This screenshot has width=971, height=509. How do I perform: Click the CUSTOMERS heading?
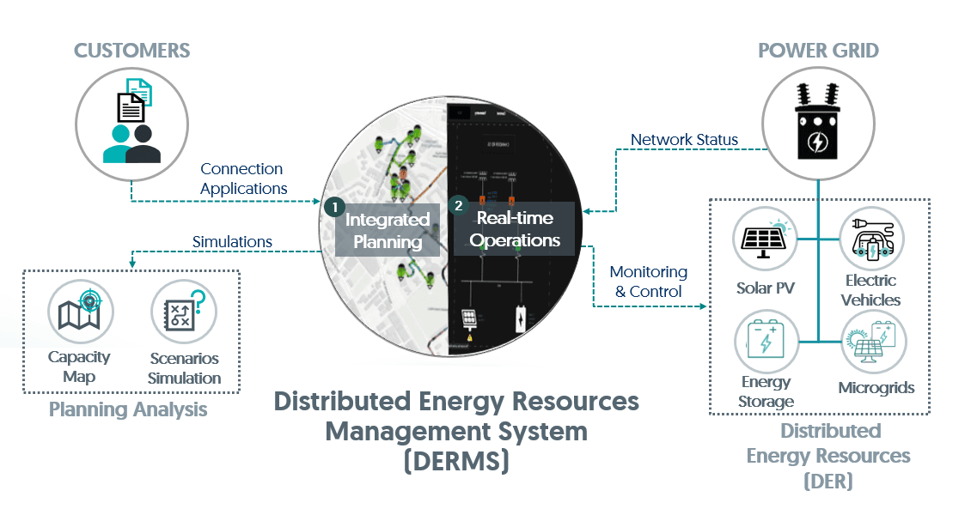132,51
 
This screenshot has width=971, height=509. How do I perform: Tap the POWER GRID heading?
818,51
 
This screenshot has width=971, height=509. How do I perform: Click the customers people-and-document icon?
132,124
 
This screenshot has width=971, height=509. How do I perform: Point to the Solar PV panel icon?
766,239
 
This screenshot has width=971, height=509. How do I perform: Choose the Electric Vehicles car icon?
870,239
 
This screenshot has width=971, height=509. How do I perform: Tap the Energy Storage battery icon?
766,341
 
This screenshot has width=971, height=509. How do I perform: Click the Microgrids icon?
872,342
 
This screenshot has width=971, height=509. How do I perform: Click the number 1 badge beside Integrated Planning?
331,207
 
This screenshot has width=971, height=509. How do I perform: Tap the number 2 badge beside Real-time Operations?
458,207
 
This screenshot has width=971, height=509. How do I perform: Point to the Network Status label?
684,140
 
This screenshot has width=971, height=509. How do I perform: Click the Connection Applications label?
244,179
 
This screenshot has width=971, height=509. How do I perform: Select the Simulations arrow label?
232,242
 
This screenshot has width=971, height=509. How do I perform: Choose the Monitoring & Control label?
649,282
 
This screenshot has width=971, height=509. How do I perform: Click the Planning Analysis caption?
128,409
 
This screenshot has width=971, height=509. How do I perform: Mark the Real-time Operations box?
515,229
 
